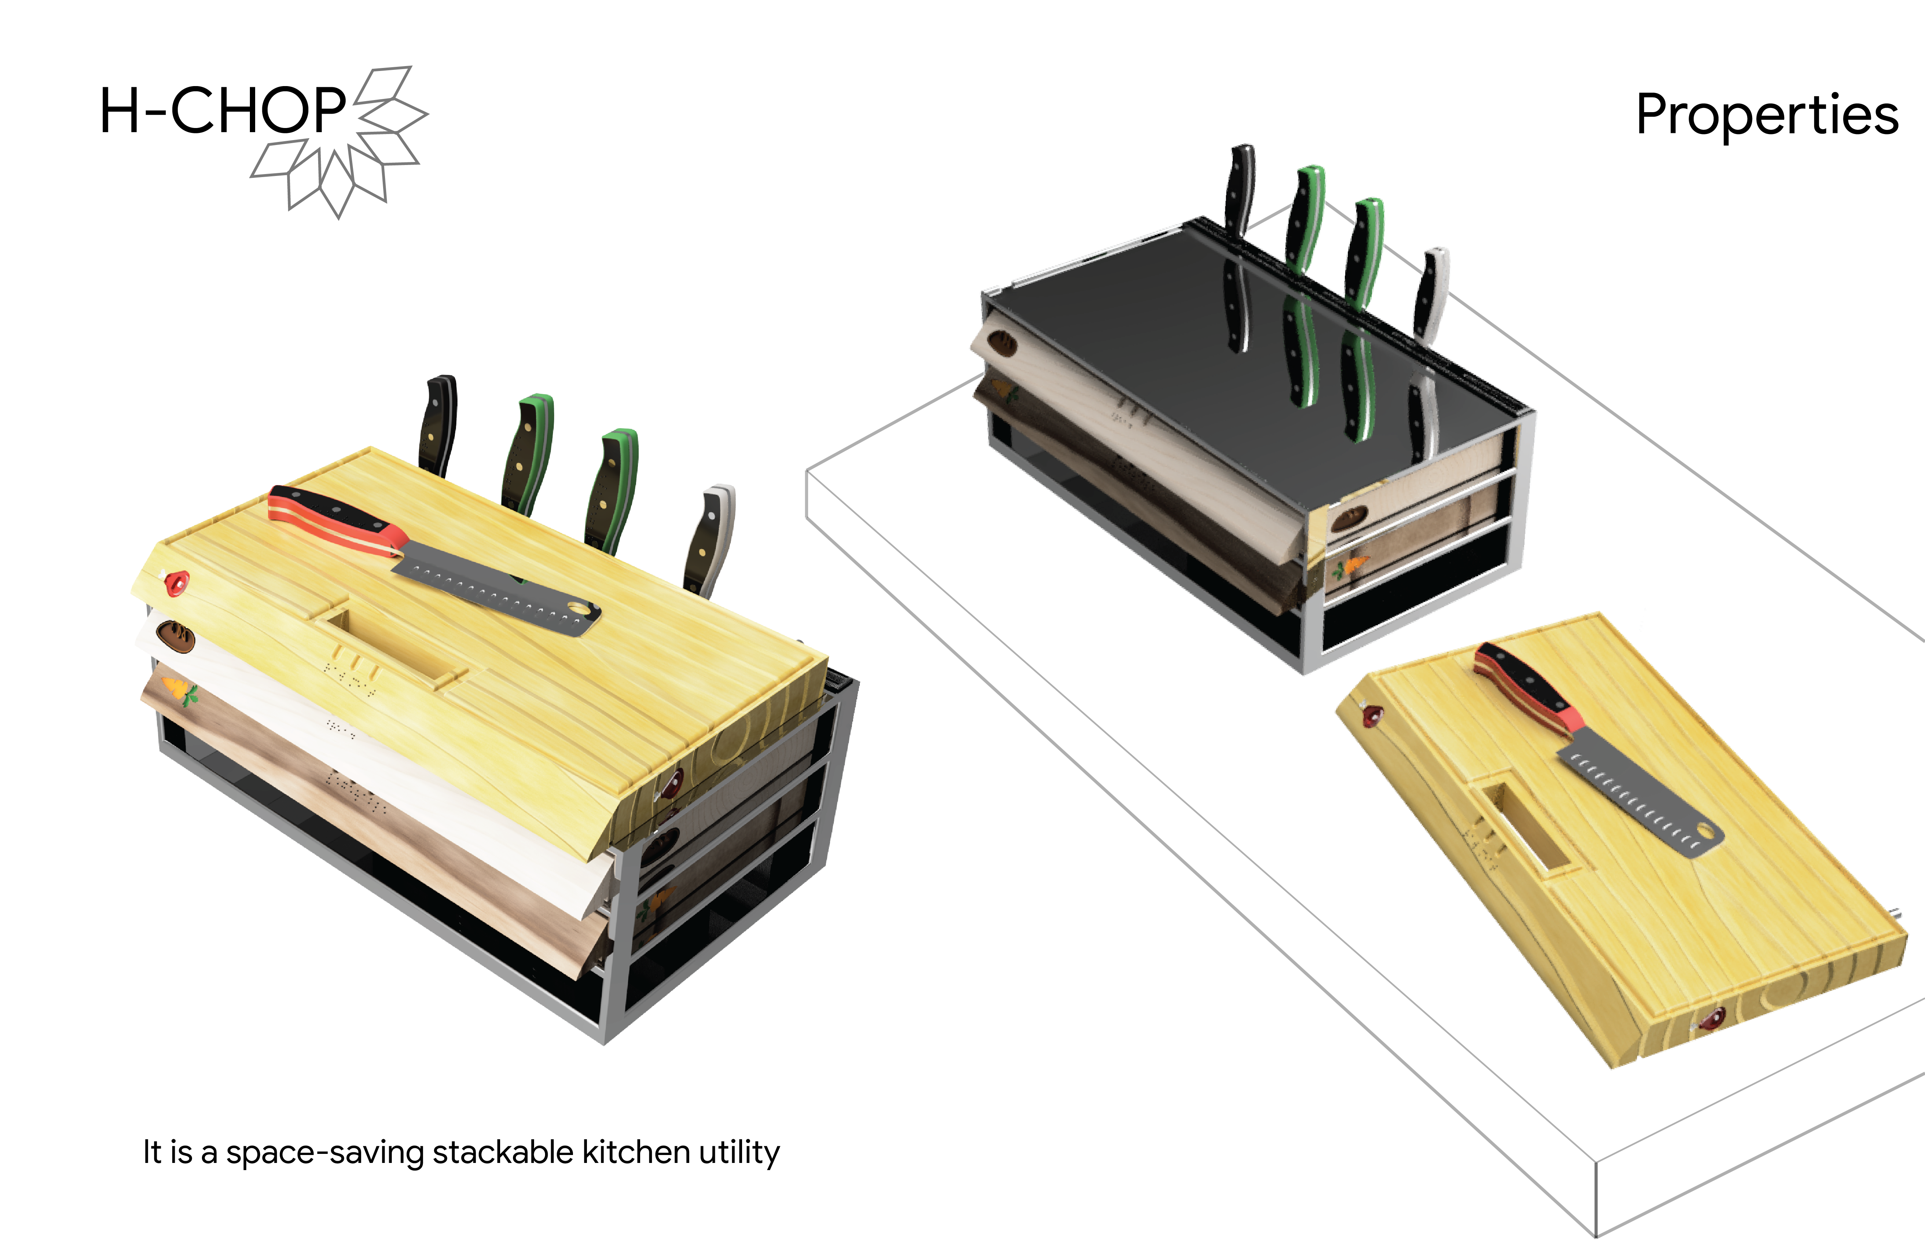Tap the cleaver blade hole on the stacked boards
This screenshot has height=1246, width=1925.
(x=579, y=608)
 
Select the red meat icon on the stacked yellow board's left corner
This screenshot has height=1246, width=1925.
(x=176, y=582)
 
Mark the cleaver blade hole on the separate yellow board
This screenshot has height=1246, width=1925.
(x=1706, y=832)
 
